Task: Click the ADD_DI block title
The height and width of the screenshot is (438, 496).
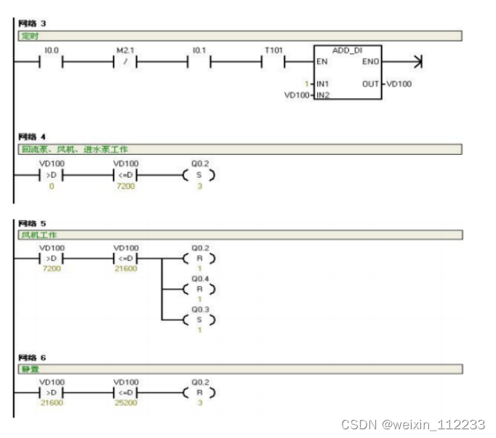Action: click(346, 50)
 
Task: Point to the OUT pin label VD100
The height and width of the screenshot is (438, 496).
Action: click(399, 84)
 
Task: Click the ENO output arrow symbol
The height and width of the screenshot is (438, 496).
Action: click(417, 62)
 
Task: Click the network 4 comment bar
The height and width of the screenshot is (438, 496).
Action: click(240, 149)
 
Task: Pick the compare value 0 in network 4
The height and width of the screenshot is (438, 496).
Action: click(51, 187)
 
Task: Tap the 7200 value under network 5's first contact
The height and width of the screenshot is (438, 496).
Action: click(51, 269)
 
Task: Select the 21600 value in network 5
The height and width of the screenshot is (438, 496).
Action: click(125, 269)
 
